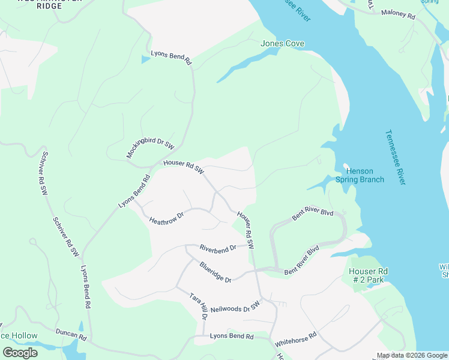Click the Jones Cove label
point(282,44)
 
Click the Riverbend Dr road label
point(220,247)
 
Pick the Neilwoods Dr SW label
point(238,308)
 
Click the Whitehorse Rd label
point(295,340)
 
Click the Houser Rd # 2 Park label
point(369,276)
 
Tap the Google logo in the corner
point(20,353)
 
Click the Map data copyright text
point(412,355)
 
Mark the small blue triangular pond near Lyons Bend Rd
point(144,59)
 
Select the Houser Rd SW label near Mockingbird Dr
point(184,167)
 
